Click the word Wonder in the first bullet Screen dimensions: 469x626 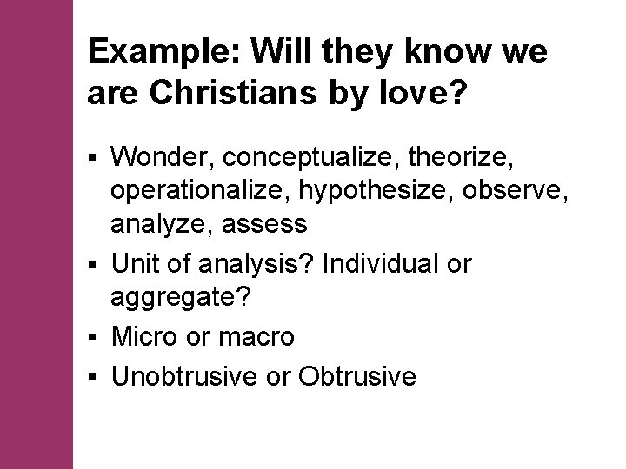(x=163, y=157)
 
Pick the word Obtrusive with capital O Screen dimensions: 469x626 (x=356, y=376)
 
